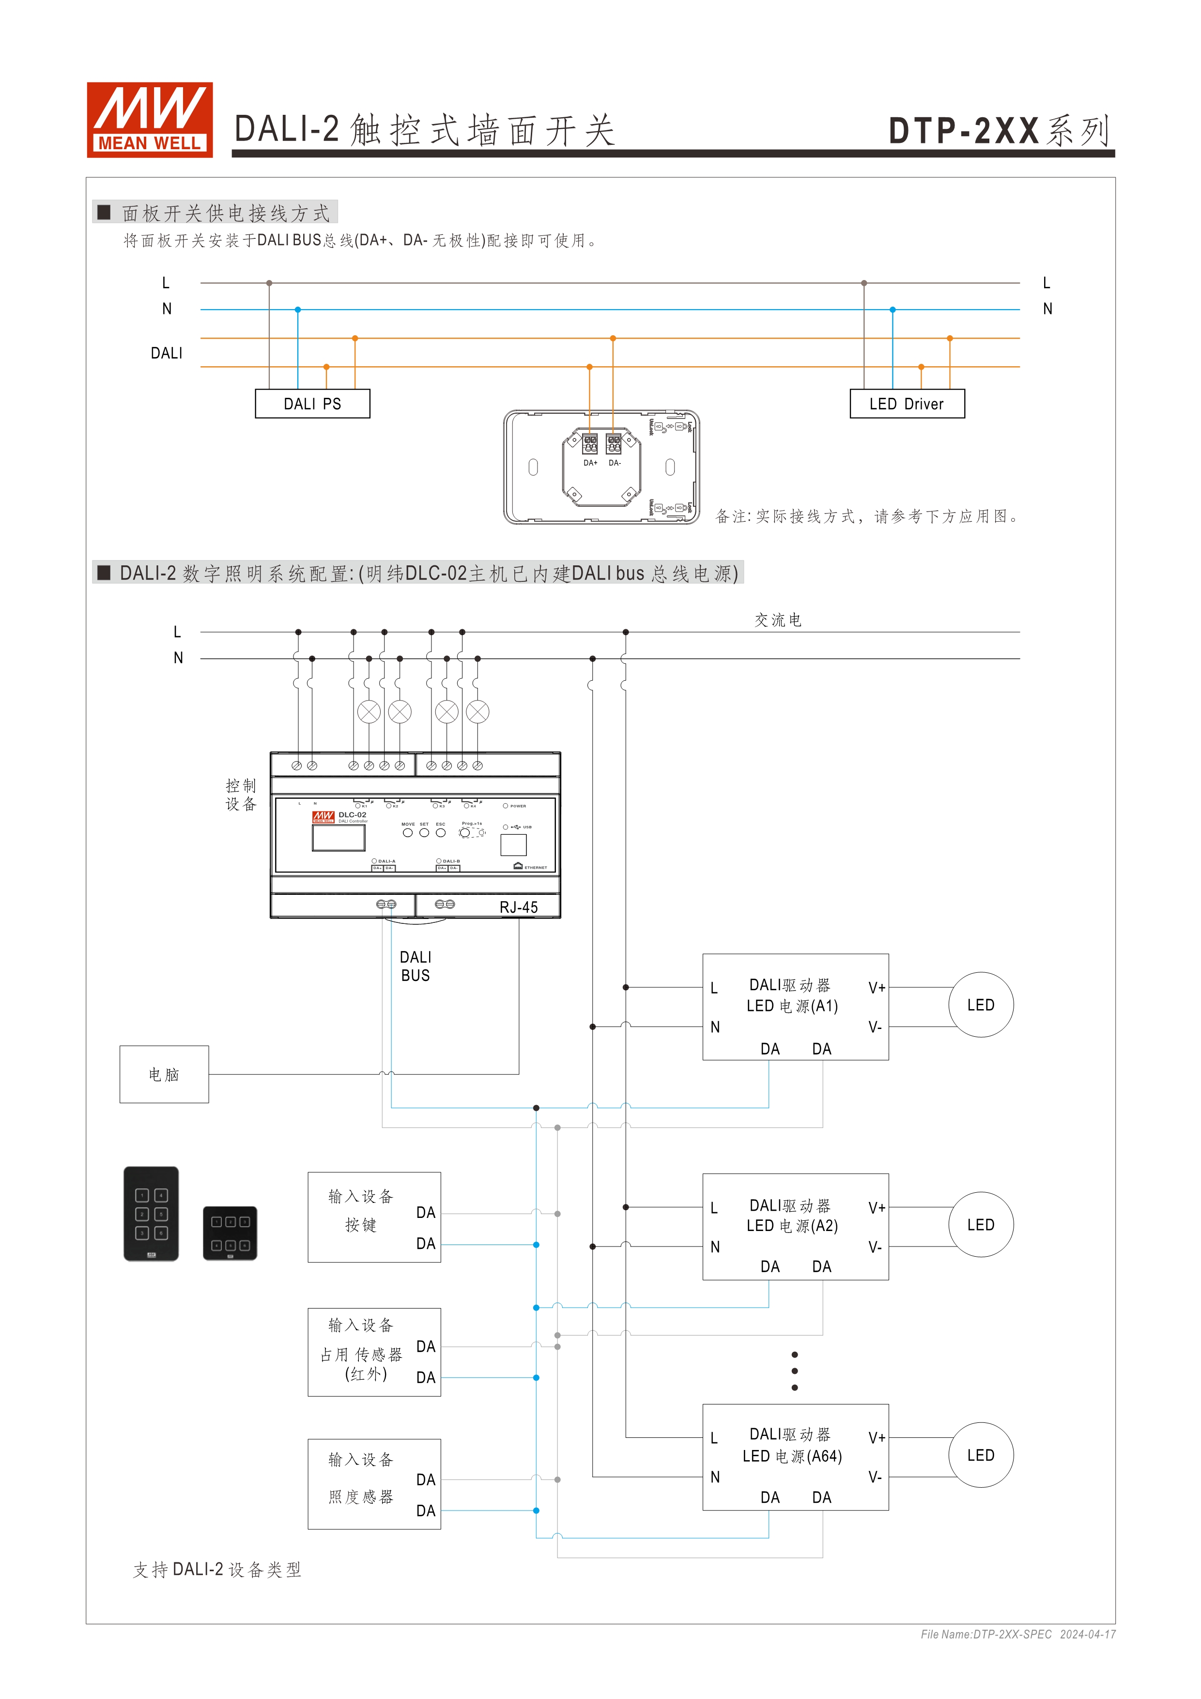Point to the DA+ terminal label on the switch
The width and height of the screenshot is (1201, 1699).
click(590, 463)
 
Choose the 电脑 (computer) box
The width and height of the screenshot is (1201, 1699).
click(164, 1075)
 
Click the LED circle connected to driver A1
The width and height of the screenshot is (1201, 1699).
click(981, 1005)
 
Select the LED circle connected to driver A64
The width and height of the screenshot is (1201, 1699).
click(981, 1455)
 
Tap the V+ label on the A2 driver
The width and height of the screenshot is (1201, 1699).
click(877, 1208)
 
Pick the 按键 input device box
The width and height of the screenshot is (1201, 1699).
click(374, 1217)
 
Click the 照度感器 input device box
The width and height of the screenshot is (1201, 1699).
click(374, 1484)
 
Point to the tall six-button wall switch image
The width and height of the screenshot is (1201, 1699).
click(151, 1214)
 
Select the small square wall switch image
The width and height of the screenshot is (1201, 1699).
click(230, 1233)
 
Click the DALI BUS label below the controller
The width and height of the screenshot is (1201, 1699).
click(415, 966)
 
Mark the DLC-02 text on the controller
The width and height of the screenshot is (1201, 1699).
click(352, 815)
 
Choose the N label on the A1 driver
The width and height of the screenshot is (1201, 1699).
click(715, 1027)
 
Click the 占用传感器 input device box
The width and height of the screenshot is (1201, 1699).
click(374, 1352)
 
